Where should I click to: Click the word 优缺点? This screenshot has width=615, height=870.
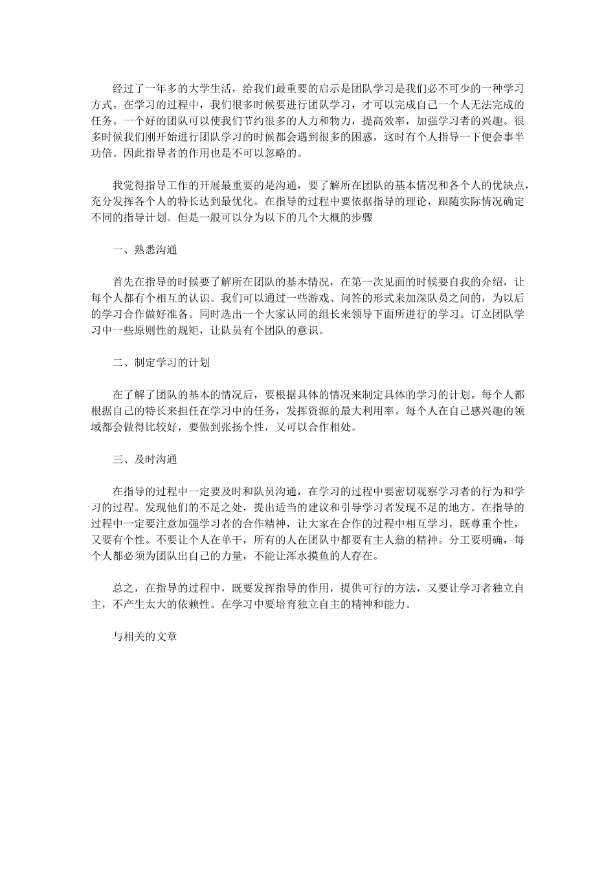(x=508, y=185)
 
